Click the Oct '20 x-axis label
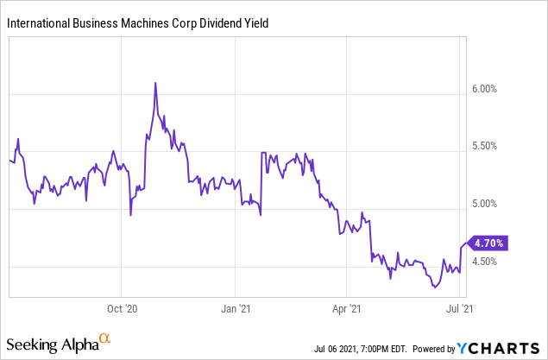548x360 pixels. point(121,306)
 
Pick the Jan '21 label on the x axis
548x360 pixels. point(236,306)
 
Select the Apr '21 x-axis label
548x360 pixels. point(346,306)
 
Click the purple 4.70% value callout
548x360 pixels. point(488,243)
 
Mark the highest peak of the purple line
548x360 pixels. point(155,83)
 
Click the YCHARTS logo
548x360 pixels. point(500,349)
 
